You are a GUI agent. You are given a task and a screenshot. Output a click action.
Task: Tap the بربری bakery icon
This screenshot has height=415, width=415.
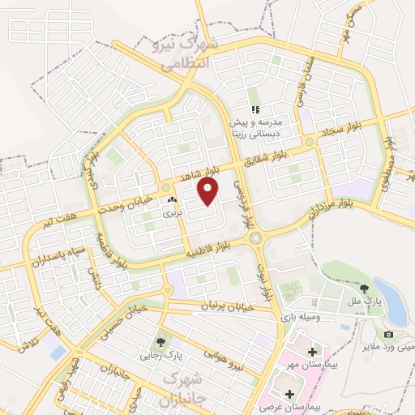tap(171, 199)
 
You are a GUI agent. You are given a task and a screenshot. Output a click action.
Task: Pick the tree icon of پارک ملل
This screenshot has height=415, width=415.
tap(366, 287)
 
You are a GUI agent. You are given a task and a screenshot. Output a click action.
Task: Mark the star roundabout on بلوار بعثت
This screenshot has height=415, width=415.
tap(259, 237)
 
